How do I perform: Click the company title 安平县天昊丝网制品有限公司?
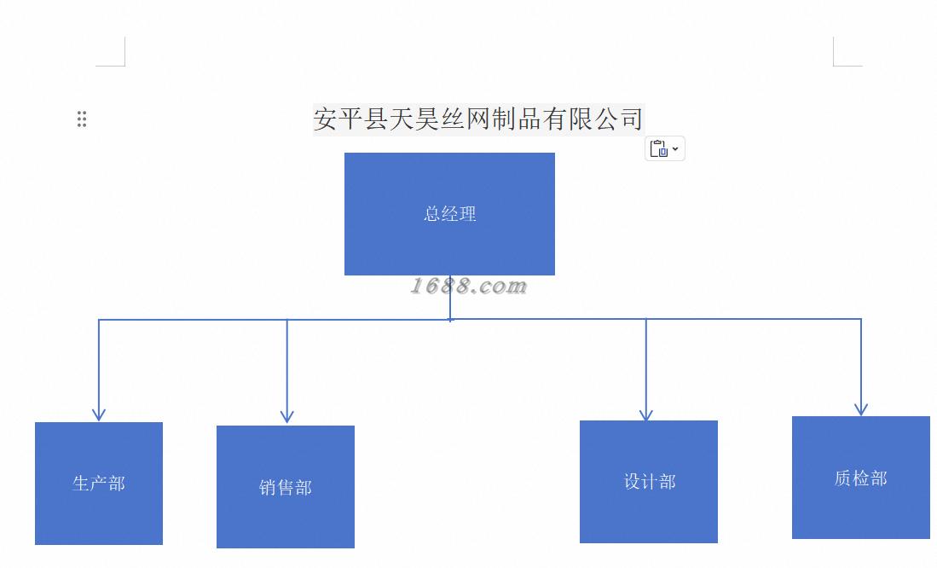[477, 119]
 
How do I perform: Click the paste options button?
[664, 148]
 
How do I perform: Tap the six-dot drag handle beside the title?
[82, 119]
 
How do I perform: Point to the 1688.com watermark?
[468, 287]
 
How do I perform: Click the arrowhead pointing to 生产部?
[99, 414]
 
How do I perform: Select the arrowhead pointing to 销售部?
[287, 417]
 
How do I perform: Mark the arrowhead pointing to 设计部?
[646, 414]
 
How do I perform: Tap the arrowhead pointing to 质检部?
[861, 409]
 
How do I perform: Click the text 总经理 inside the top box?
[450, 214]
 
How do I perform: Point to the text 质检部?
[861, 478]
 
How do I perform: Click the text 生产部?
[99, 484]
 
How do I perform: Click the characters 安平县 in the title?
[350, 119]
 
